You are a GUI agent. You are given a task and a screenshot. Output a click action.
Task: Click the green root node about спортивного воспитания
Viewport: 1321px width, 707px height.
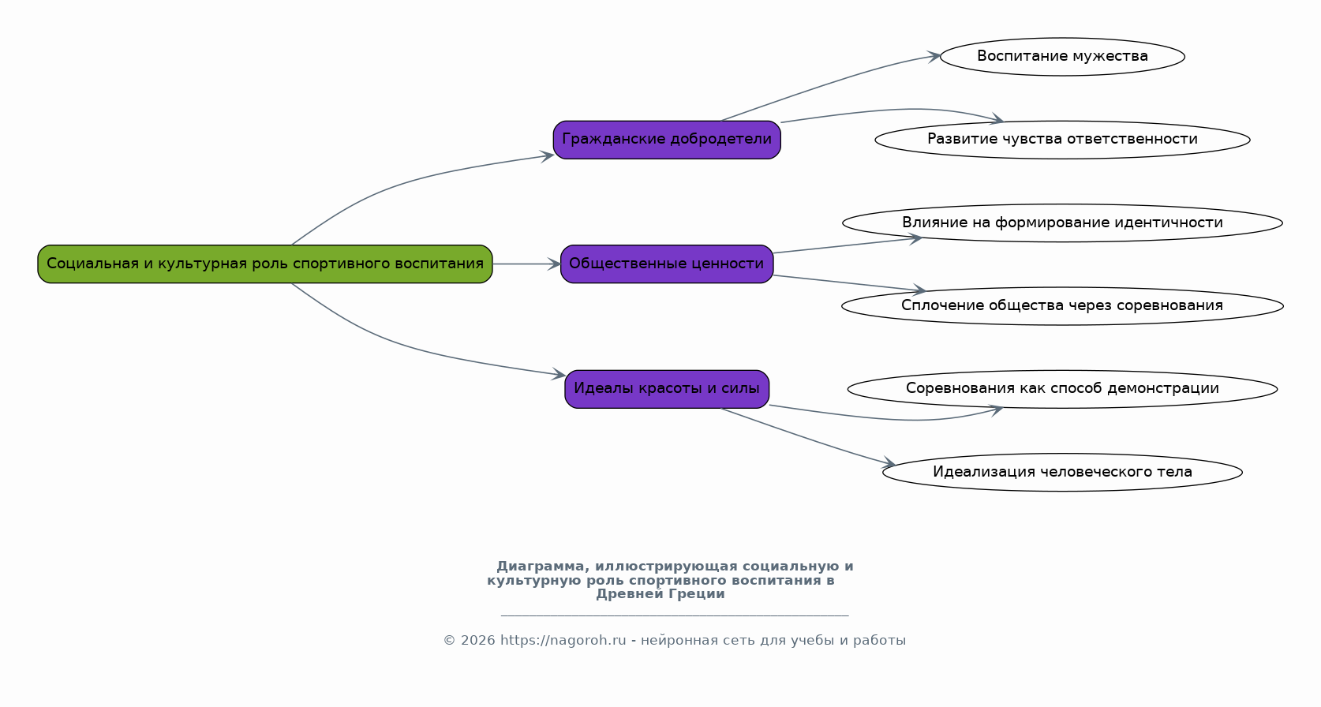265,264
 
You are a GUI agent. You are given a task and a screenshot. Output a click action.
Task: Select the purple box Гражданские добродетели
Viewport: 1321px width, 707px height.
666,140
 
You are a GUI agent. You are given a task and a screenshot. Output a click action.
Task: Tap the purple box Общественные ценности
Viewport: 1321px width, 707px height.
666,264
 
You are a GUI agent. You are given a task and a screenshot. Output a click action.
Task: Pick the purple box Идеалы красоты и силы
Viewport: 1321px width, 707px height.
666,388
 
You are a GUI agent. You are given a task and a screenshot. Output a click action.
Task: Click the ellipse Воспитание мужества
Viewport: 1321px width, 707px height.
1062,57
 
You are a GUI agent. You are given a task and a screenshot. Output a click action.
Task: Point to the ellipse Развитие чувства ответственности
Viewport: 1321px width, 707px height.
1062,140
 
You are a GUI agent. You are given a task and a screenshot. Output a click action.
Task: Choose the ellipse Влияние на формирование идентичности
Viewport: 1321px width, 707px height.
1062,223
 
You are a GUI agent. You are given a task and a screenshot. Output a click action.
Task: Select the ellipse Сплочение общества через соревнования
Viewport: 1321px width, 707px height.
1062,306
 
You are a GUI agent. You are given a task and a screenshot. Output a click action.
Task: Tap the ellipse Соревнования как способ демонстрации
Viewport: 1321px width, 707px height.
1062,388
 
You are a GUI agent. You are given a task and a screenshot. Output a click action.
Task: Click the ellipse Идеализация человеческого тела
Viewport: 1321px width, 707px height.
1062,472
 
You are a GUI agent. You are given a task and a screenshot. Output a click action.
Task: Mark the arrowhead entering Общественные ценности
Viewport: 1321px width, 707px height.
554,264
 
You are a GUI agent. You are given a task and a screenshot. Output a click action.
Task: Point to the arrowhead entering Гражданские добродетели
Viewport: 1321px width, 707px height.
547,155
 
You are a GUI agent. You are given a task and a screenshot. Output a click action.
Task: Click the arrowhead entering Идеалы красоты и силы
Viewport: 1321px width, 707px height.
559,374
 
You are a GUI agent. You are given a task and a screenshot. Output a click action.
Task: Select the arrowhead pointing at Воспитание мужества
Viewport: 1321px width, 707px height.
934,57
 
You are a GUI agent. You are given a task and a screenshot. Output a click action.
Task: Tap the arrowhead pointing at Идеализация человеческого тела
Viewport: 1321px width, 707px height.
889,463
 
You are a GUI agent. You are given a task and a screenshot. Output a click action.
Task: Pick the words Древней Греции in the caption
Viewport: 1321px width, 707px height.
660,594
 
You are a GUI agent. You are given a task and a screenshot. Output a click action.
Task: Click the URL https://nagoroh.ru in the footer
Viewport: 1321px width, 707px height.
563,641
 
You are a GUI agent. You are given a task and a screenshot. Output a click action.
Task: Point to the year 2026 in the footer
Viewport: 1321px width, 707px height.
477,641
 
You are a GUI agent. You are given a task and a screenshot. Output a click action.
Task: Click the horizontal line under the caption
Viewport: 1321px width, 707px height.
675,615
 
